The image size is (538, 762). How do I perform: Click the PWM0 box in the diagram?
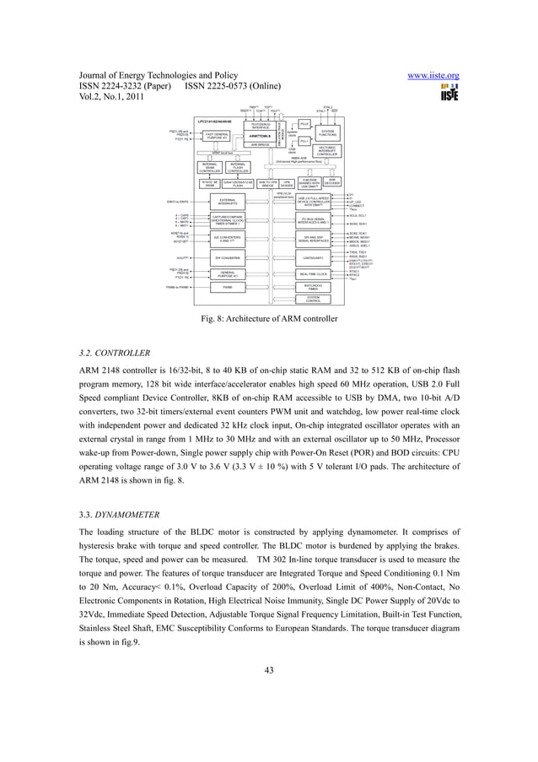tap(227, 287)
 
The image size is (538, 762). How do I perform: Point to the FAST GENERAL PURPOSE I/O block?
tap(217, 135)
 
